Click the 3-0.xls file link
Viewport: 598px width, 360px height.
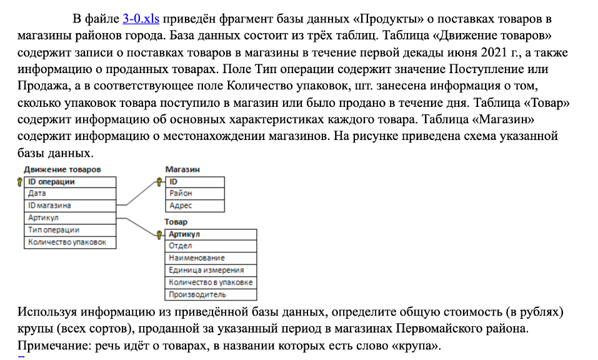[141, 19]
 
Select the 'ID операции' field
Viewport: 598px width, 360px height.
[70, 182]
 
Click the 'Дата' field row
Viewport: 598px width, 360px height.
[70, 194]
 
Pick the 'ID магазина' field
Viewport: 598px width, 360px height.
[70, 206]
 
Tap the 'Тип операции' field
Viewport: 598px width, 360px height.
[70, 231]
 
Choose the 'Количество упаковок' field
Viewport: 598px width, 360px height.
[70, 242]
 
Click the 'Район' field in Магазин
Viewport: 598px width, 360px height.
[195, 194]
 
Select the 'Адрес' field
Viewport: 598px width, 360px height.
[195, 206]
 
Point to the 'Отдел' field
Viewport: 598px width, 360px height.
[211, 246]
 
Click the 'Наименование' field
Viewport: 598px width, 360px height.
[211, 258]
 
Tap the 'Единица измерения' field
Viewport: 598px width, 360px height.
[211, 271]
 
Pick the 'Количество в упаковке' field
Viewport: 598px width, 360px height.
[211, 282]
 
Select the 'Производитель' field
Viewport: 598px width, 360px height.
[211, 295]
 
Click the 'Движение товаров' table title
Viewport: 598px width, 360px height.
[62, 169]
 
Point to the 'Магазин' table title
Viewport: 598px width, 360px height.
[182, 169]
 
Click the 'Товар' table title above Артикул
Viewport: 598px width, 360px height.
[176, 222]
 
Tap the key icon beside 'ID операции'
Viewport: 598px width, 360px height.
[20, 182]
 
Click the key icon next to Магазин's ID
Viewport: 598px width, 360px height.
[159, 182]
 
